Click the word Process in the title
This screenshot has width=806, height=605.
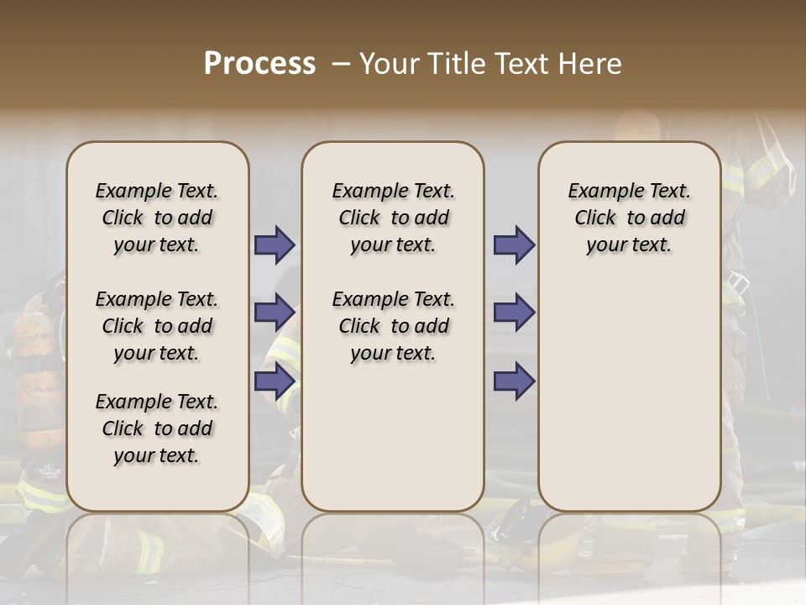click(x=259, y=64)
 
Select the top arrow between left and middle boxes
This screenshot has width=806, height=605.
click(x=275, y=245)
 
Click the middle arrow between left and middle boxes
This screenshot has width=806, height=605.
click(x=275, y=312)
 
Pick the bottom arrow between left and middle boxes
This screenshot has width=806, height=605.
click(x=275, y=381)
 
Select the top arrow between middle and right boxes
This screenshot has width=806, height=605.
click(x=514, y=245)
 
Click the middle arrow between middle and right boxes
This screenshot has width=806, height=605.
click(x=514, y=312)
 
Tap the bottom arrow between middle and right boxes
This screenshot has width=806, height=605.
click(x=514, y=381)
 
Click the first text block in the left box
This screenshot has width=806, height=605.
click(x=157, y=218)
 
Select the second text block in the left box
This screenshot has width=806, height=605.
click(x=157, y=326)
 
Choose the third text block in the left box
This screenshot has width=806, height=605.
click(x=157, y=429)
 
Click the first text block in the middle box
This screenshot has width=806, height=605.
click(x=393, y=218)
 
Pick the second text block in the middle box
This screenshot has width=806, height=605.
click(x=393, y=326)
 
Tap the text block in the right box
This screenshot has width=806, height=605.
click(x=629, y=218)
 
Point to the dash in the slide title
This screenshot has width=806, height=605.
click(x=341, y=64)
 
